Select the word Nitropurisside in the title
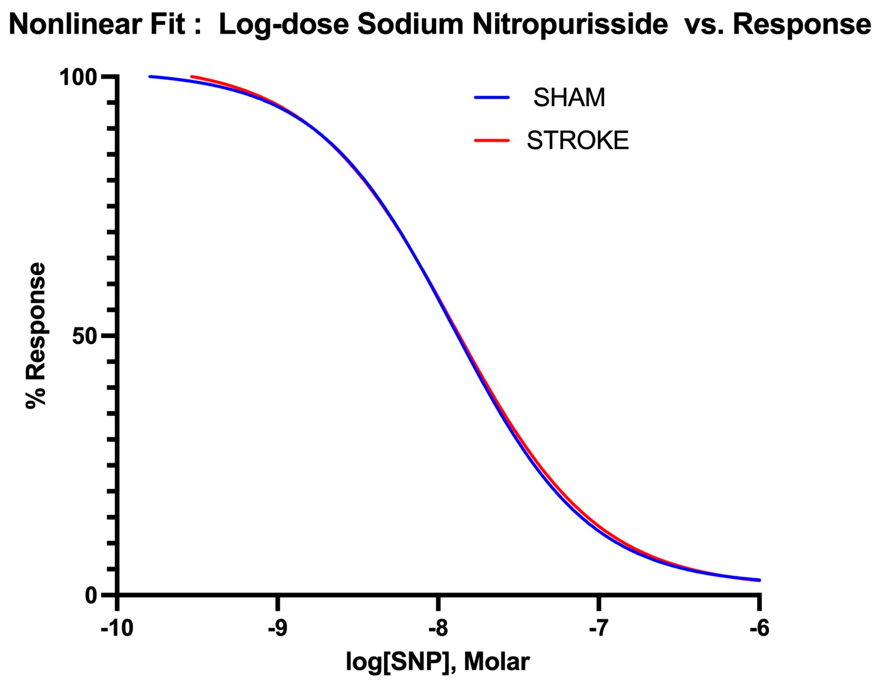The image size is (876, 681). tap(570, 25)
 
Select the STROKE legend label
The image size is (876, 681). tap(577, 140)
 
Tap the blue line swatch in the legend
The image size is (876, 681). tap(492, 98)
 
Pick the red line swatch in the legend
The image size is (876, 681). tap(492, 140)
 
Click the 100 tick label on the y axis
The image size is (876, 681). tap(78, 77)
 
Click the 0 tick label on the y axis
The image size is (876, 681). tap(91, 596)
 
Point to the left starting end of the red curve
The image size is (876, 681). tap(192, 76)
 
